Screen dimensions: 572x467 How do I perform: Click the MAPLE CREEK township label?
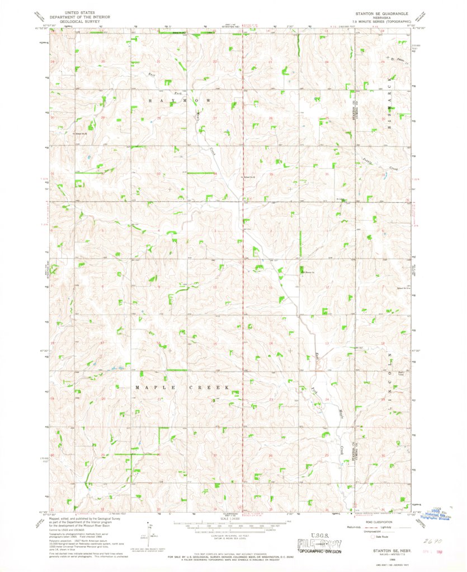[182, 387]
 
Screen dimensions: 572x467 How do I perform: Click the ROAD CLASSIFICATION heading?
[379, 520]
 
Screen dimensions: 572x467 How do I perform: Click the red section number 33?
[158, 174]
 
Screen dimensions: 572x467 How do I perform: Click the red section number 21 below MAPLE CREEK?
[159, 399]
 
